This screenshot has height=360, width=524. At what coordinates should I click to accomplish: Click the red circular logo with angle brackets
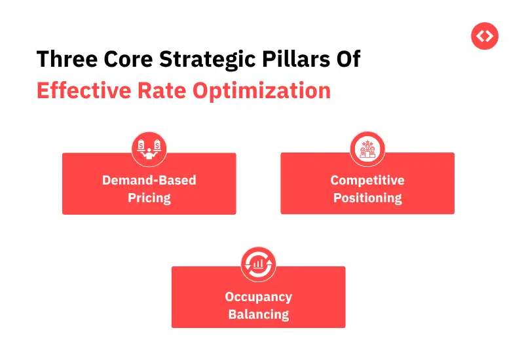pos(485,36)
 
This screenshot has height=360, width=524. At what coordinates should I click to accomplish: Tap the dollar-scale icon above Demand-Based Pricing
pos(149,149)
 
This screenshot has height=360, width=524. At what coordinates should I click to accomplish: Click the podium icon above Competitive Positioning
pos(367,149)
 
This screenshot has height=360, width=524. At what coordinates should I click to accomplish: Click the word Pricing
pos(149,198)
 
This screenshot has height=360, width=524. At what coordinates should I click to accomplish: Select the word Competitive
pos(367,180)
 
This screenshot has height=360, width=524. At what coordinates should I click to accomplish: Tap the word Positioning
pos(367,198)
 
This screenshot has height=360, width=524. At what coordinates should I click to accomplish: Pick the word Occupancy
pos(258,297)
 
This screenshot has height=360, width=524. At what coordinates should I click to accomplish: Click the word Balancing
pos(258,314)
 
